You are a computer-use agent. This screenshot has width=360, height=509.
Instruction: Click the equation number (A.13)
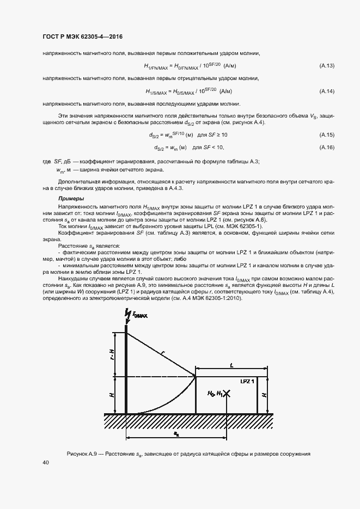(326, 66)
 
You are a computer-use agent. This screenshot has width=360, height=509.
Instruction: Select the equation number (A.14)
(326, 91)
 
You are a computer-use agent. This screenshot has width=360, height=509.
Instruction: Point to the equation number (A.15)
(326, 134)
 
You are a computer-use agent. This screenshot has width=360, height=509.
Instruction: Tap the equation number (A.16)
(326, 148)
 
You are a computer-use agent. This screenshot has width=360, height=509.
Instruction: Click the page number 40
(46, 462)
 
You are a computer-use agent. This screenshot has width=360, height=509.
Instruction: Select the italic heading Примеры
(71, 199)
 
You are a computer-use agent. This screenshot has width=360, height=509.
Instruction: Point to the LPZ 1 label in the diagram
(248, 382)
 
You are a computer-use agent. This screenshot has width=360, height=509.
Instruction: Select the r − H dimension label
(112, 354)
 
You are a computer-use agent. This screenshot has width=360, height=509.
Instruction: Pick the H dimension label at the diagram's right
(264, 394)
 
